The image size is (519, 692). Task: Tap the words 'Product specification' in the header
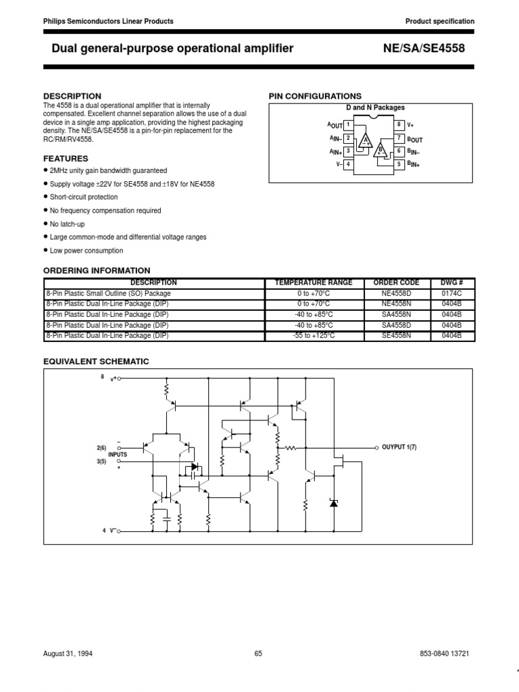(x=439, y=21)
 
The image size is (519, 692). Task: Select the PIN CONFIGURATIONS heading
(x=315, y=96)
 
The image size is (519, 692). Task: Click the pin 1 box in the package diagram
(x=347, y=125)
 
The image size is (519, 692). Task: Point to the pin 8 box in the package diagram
(x=399, y=125)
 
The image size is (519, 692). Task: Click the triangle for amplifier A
(x=366, y=141)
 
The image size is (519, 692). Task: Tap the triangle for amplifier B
(x=381, y=149)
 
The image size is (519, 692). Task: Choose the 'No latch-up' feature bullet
(x=68, y=224)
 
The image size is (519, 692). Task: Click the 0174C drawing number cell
(x=451, y=293)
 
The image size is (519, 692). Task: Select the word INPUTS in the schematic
(x=118, y=455)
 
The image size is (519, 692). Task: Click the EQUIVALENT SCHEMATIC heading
(x=96, y=362)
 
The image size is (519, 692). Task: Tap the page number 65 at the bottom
(x=259, y=653)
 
